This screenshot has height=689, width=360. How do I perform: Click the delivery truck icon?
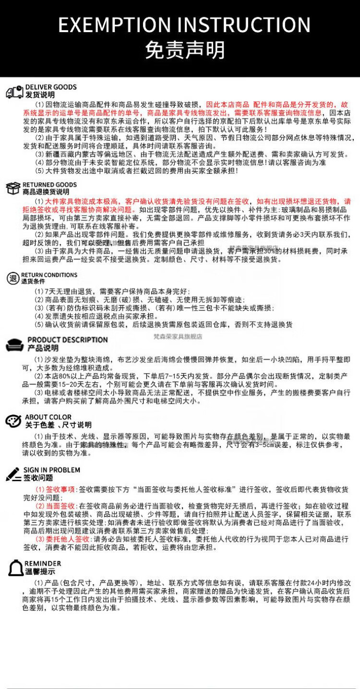pos(14,91)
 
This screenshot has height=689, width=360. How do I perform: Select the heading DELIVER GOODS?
pos(51,87)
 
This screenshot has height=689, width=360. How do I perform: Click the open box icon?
pos(13,188)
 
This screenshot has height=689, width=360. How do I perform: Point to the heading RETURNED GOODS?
pos(49,185)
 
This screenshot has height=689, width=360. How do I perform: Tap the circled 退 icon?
pos(13,278)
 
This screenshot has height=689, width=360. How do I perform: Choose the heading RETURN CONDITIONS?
pos(49,275)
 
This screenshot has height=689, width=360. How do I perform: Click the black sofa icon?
pos(15,344)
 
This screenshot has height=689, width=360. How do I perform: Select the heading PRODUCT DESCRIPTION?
pos(68,340)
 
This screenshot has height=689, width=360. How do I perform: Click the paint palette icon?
pos(13,421)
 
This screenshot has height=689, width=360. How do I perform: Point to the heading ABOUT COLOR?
pos(48,417)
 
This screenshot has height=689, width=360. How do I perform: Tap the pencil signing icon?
pos(13,474)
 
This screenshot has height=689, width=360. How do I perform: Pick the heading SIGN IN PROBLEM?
pos(52,470)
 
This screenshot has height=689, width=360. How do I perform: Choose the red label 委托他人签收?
pos(64,539)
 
